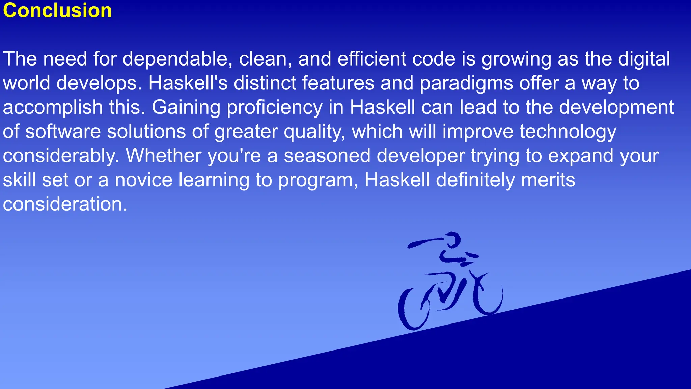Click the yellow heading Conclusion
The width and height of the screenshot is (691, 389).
point(57,10)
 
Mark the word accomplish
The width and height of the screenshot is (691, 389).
point(53,108)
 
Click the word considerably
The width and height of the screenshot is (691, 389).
point(61,156)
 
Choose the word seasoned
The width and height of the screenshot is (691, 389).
point(327,156)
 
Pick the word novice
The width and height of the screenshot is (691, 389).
point(143,180)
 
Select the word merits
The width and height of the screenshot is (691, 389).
point(548,180)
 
